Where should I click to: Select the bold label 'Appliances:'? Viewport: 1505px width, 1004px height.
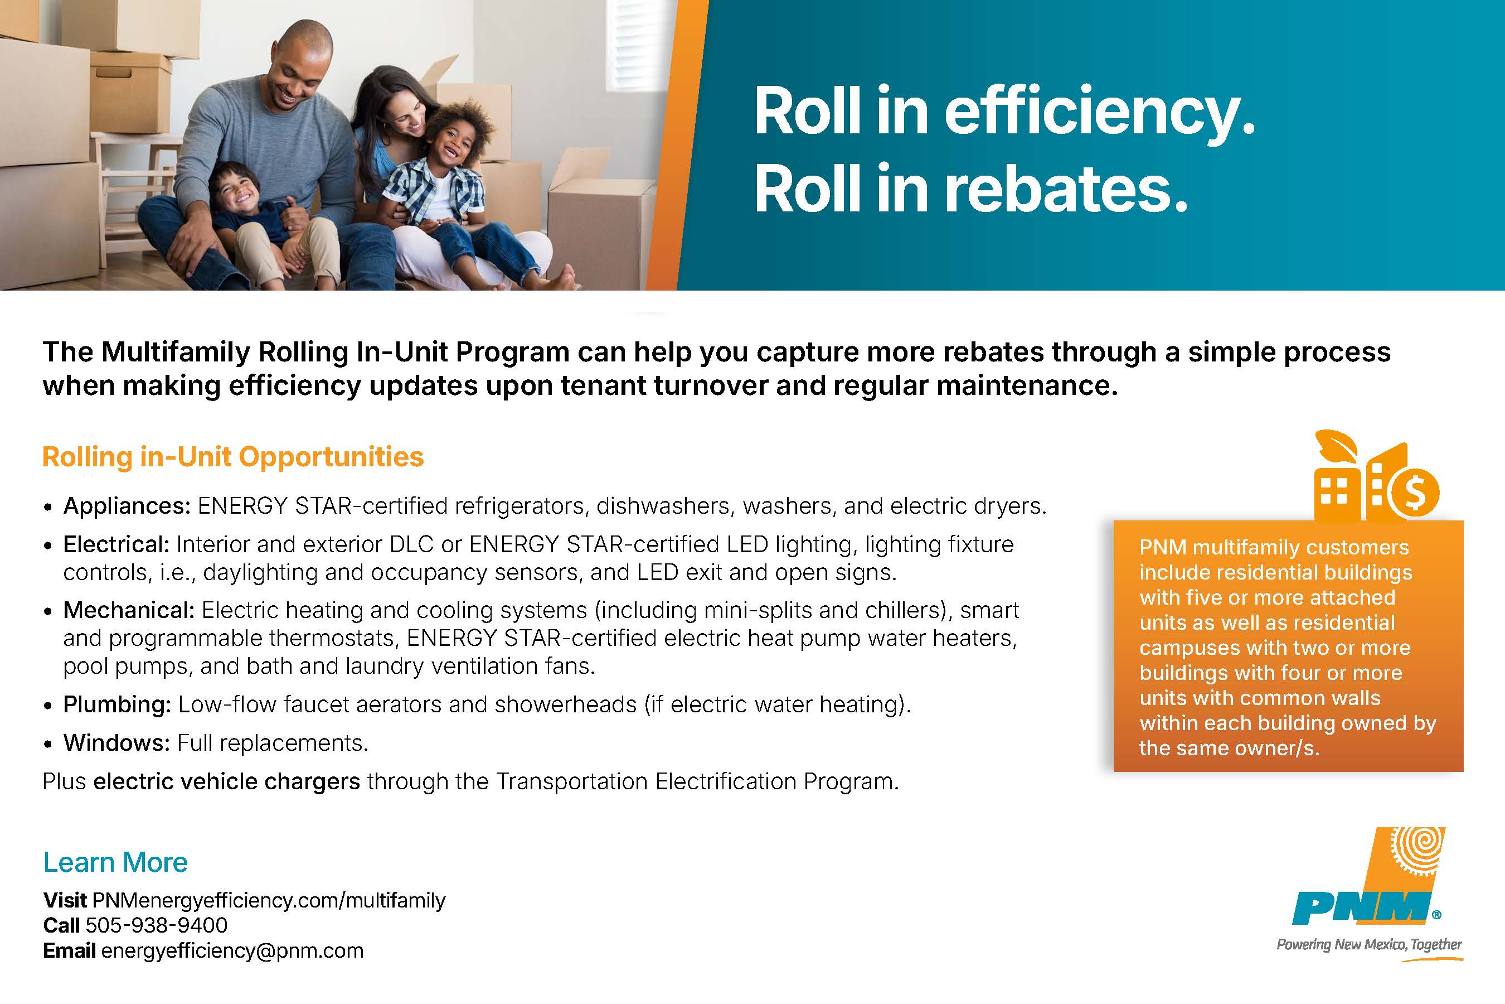pos(127,506)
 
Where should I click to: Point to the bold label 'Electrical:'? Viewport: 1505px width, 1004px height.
pos(116,544)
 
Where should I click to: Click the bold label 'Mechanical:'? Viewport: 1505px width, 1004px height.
pos(129,610)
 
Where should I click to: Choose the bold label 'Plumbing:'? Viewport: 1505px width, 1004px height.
pos(117,705)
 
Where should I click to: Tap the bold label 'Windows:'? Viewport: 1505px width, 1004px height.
pos(116,743)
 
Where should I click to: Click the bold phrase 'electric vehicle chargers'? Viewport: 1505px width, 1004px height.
pos(226,781)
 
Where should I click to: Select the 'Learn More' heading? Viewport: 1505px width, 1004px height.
pos(115,862)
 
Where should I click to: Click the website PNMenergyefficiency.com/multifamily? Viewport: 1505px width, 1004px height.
pos(269,900)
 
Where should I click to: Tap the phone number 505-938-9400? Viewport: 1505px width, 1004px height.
pos(156,925)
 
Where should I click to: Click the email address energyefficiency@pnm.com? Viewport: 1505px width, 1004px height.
pos(232,951)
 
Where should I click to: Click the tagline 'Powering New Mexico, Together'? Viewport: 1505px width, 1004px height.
pos(1368,945)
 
